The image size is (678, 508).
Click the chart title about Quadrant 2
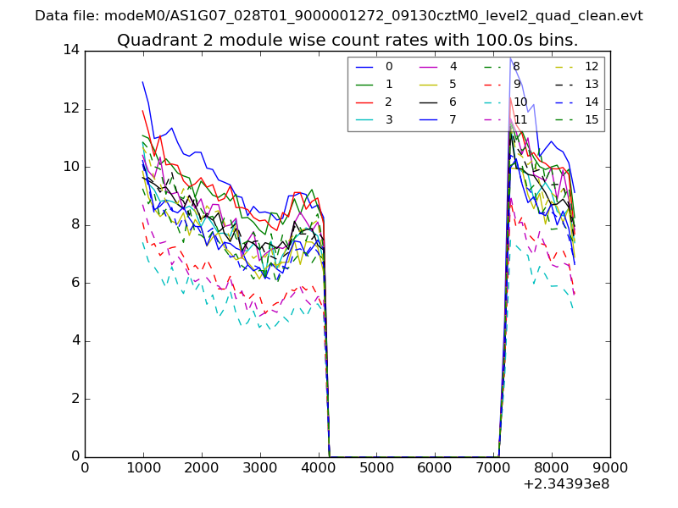[347, 41]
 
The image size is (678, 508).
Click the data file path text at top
[339, 16]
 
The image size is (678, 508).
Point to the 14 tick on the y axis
[70, 50]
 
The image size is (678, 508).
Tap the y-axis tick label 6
[75, 283]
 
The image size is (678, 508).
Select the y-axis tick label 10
[70, 167]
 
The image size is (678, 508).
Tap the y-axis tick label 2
[75, 399]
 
